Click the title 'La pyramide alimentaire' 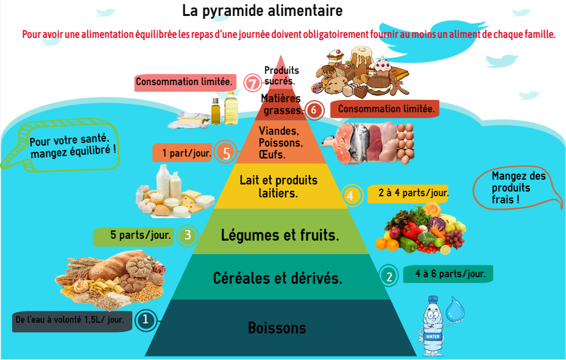point(262,11)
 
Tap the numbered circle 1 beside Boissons point(145,320)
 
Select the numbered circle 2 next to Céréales point(389,275)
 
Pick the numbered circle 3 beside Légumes point(187,235)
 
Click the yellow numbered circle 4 point(351,194)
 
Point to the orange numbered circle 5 point(225,153)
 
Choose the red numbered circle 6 point(314,110)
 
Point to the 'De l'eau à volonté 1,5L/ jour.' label point(71,320)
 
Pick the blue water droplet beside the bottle point(455,309)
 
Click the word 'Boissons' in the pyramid point(277,328)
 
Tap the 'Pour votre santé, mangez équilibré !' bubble point(71,144)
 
